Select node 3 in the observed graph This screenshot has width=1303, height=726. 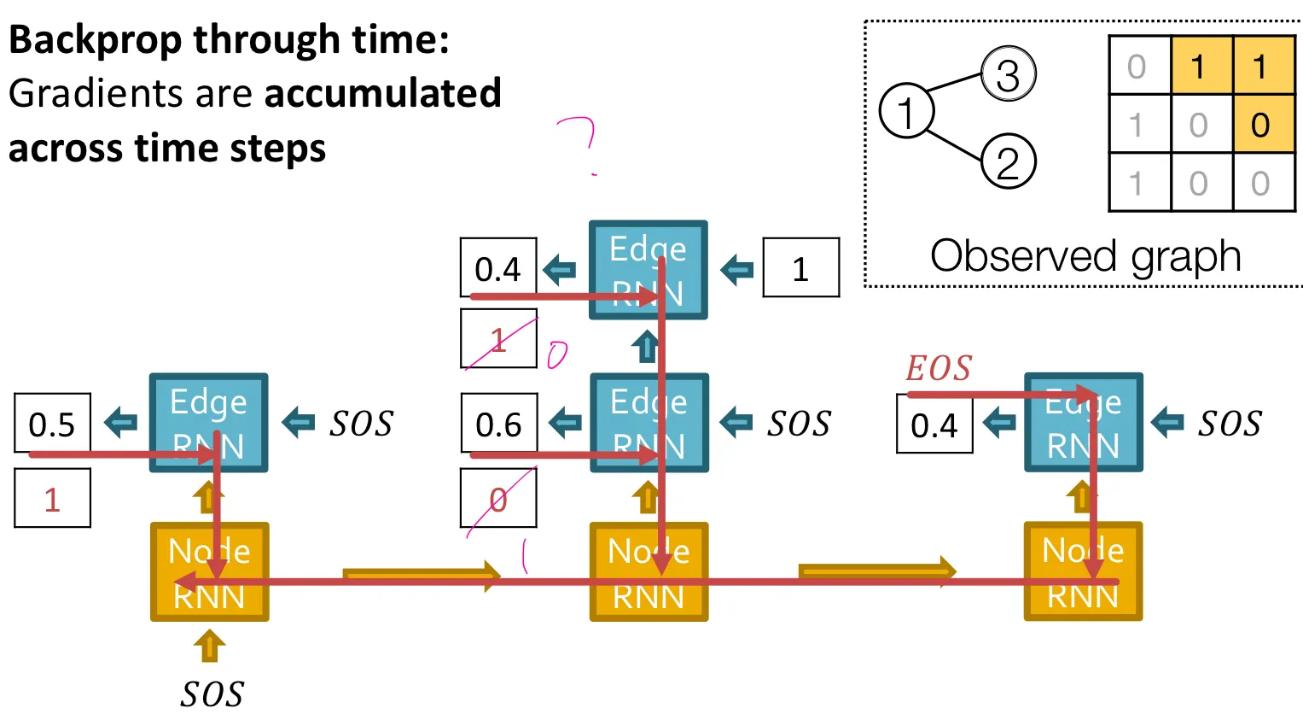(x=1008, y=74)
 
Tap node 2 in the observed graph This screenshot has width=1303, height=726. (x=1008, y=161)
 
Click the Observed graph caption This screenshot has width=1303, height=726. (x=1085, y=255)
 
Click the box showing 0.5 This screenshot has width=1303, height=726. (x=52, y=423)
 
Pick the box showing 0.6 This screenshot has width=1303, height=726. (x=498, y=423)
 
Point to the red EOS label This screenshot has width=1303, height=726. (x=939, y=369)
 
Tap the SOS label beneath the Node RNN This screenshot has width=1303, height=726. (x=212, y=694)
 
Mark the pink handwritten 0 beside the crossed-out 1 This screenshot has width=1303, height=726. (x=556, y=354)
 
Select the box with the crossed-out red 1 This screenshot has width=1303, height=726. (x=498, y=339)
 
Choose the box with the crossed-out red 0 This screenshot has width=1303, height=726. (x=498, y=498)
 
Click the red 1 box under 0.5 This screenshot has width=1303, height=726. (x=52, y=498)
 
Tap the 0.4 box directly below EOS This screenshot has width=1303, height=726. (x=934, y=424)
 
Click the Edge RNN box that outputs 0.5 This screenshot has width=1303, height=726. (x=209, y=423)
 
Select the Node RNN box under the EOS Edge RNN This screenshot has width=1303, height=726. (x=1083, y=571)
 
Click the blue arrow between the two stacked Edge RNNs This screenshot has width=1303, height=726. (x=646, y=347)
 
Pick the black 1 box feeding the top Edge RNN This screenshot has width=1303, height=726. (x=800, y=268)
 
